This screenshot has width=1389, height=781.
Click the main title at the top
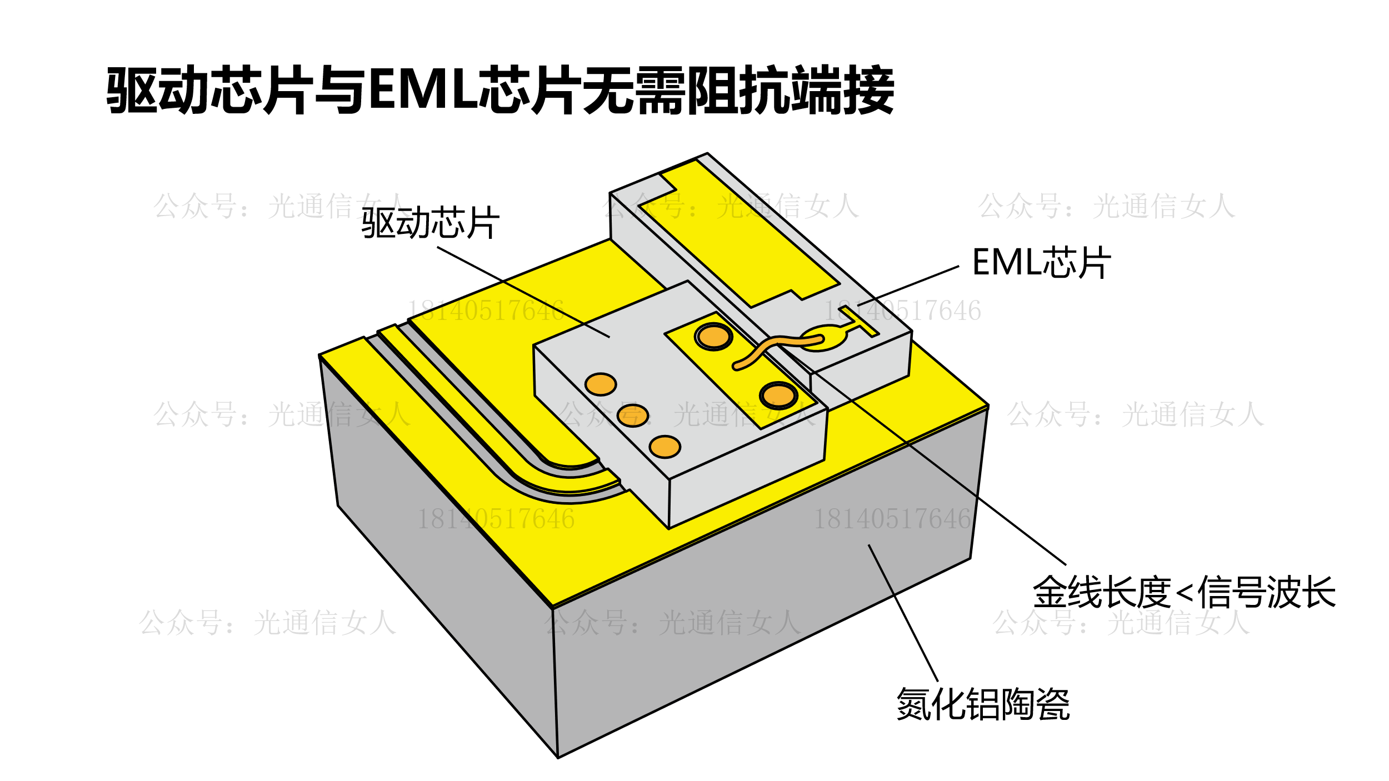point(500,90)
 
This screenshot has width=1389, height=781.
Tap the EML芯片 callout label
point(1041,262)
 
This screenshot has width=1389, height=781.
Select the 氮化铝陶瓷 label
point(983,704)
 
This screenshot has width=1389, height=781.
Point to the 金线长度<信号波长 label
point(1184,592)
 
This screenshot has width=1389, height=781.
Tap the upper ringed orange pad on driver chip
point(713,337)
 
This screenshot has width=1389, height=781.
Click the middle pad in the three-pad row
point(633,415)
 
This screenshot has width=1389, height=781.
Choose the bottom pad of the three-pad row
point(665,447)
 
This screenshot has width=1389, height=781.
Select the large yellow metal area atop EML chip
point(739,233)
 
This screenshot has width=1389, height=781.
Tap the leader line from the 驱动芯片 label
point(522,292)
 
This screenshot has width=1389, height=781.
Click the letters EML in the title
point(423,90)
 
